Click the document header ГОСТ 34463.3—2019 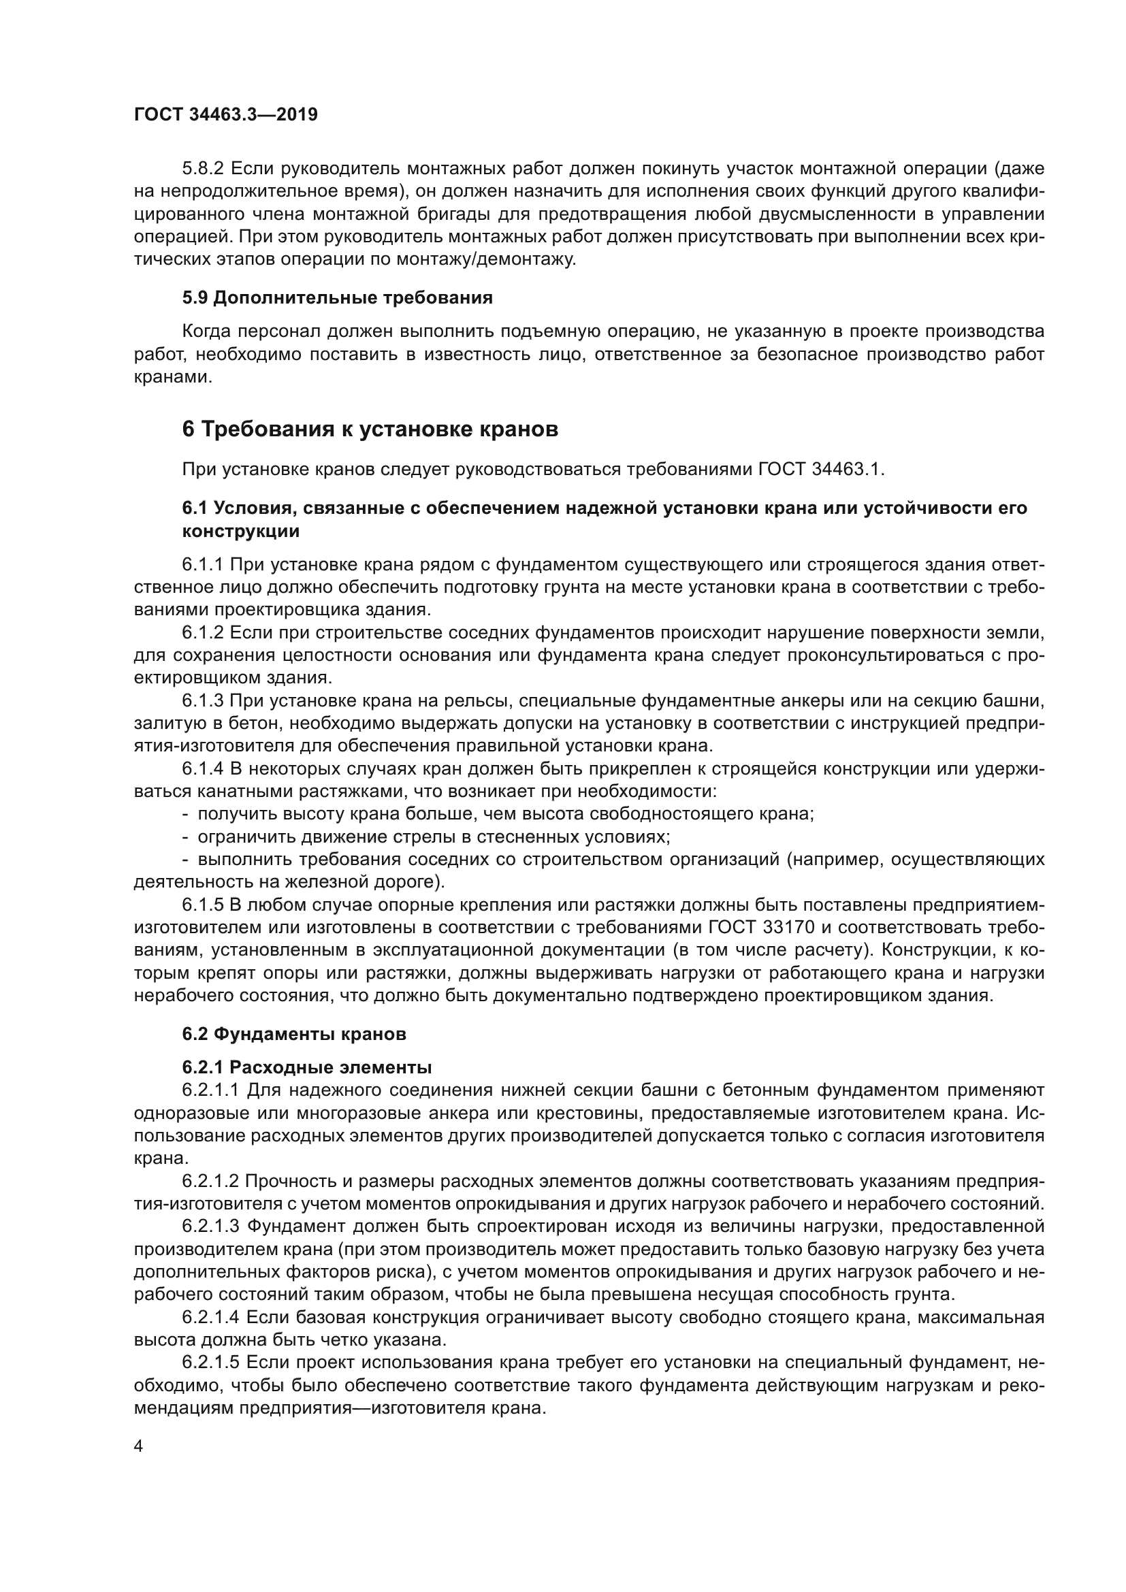click(225, 114)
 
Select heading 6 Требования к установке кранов click(370, 430)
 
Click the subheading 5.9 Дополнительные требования click(337, 298)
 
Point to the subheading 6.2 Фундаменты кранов click(294, 1034)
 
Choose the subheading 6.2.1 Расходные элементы click(307, 1067)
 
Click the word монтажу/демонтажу click(486, 260)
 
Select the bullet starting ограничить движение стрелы click(434, 837)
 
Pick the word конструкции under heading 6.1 click(240, 532)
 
